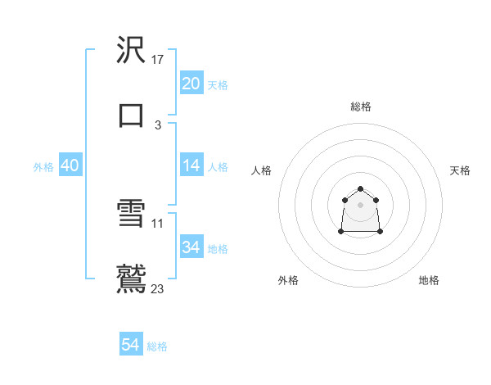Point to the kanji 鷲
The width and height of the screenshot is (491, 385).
132,279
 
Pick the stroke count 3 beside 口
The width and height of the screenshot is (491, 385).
158,125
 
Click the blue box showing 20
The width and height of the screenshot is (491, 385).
191,84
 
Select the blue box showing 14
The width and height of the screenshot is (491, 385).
191,165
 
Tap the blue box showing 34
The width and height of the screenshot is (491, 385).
191,247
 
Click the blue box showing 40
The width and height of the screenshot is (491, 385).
70,165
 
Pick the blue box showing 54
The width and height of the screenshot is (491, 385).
131,346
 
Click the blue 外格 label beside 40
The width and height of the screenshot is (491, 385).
43,167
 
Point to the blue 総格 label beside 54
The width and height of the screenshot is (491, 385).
157,346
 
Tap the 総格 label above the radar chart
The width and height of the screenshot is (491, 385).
361,106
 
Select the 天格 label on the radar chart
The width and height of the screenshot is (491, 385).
460,170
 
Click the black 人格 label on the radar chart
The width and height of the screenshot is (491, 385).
262,170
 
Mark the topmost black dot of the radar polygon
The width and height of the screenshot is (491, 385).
361,189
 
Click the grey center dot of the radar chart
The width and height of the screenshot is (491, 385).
361,204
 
